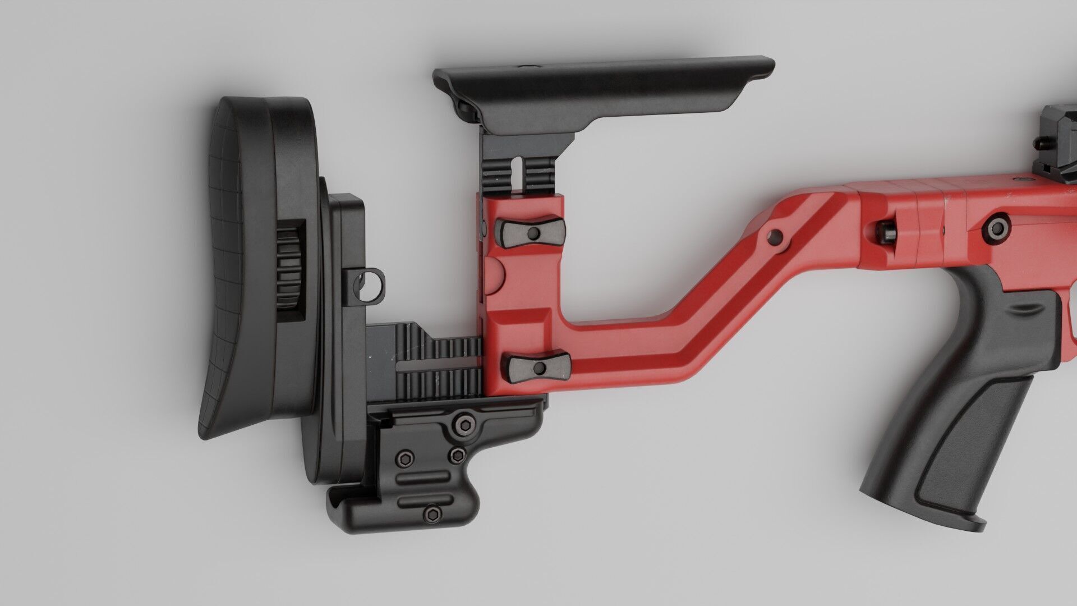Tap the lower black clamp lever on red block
(x=538, y=368)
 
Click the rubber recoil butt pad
(x=236, y=264)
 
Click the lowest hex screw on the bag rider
(x=432, y=514)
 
